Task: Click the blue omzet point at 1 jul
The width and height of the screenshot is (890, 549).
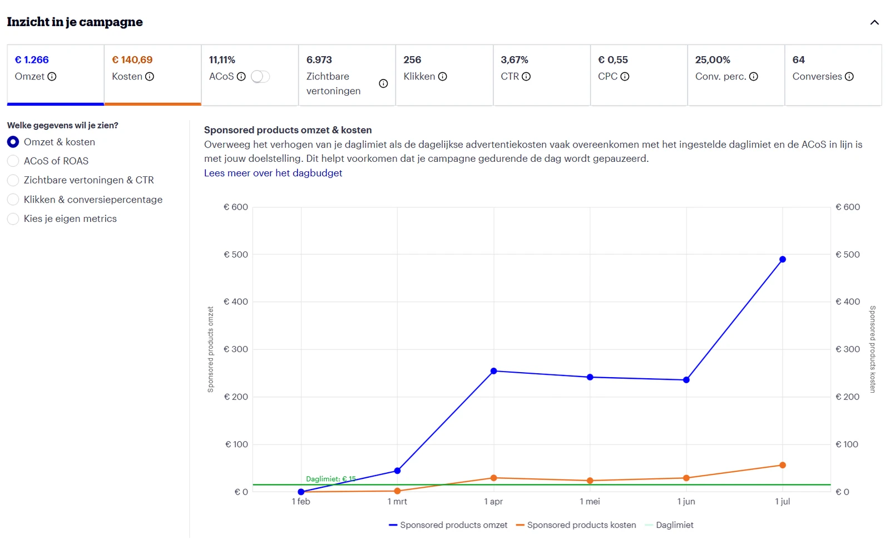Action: (782, 259)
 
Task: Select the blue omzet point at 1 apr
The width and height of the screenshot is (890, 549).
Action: (493, 371)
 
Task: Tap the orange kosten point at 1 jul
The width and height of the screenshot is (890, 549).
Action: (782, 465)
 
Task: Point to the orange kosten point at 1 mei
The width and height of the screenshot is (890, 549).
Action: (590, 481)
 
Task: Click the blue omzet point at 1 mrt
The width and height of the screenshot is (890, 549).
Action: (397, 471)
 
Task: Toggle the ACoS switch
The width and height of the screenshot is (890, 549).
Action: (260, 76)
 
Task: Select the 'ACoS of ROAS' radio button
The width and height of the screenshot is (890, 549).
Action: (13, 161)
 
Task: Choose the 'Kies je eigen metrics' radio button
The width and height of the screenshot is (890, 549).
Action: (13, 219)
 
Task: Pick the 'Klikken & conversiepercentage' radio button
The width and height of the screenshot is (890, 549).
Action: (13, 200)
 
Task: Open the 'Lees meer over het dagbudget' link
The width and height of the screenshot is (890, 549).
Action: (273, 173)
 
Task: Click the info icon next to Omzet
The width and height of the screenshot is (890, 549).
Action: (52, 76)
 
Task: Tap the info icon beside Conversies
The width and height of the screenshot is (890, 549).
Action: (849, 76)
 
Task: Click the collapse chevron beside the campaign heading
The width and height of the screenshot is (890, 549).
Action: (874, 23)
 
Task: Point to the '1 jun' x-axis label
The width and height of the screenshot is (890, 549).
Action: (686, 501)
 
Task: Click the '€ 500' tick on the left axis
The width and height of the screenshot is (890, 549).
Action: (236, 254)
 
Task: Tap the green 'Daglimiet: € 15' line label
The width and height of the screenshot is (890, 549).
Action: (331, 479)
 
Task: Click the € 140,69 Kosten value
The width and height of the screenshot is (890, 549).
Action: (132, 60)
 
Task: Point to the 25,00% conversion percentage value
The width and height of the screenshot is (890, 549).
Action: (713, 60)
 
